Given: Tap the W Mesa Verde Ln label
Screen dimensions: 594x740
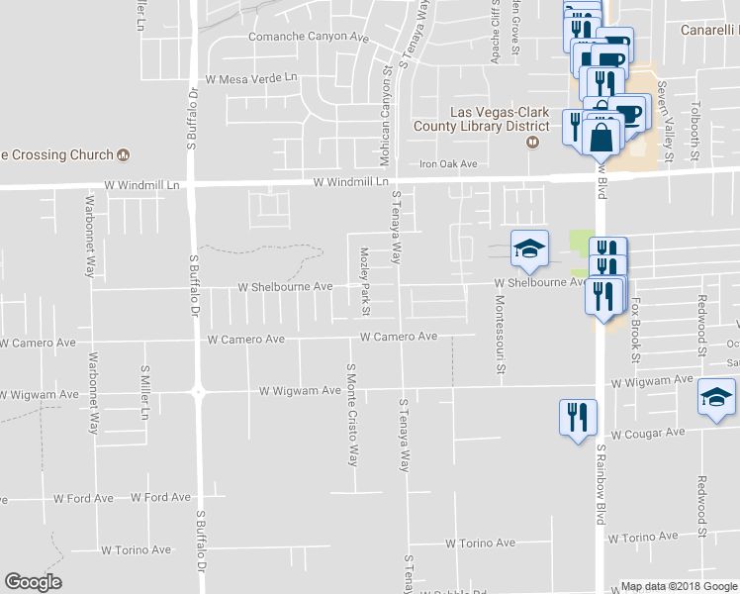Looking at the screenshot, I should pos(251,77).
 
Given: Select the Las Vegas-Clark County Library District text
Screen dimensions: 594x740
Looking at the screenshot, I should pos(485,119).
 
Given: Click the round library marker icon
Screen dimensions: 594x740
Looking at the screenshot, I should pos(532,142).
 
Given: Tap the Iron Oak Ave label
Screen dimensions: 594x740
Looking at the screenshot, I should pos(448,164).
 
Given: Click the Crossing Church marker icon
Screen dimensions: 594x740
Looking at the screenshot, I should pos(124,154).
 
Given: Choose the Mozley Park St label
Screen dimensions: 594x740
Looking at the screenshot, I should pos(364,282).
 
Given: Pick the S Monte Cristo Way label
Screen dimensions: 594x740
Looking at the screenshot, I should pos(350,415).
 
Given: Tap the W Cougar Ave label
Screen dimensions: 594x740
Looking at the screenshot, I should pos(647,434).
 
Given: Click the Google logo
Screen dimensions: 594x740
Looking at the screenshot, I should pos(33,582).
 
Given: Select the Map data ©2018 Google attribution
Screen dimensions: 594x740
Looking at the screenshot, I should pos(678,586).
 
